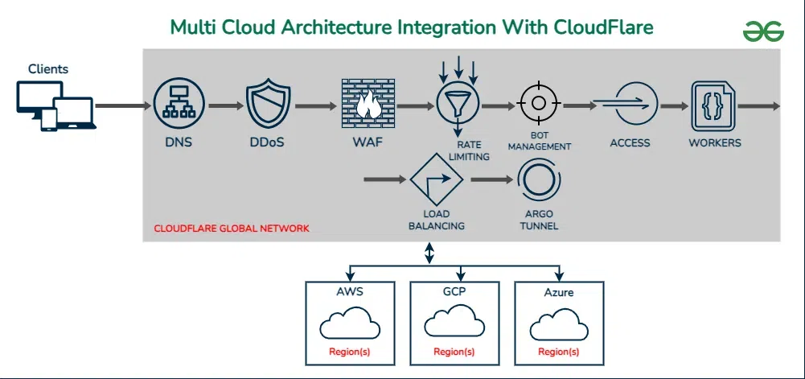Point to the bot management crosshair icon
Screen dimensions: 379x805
pos(539,105)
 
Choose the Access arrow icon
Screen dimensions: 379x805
pos(630,105)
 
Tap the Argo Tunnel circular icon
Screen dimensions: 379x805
pos(538,179)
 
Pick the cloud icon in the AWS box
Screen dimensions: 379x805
pos(349,325)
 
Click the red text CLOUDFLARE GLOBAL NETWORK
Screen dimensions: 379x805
pos(232,229)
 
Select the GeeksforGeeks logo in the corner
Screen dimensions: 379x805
pos(762,31)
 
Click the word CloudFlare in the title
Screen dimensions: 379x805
pos(603,27)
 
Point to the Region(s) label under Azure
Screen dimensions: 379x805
pos(558,352)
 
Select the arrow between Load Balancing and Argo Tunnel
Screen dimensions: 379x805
pos(491,178)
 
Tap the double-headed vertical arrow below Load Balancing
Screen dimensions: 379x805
pos(429,253)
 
